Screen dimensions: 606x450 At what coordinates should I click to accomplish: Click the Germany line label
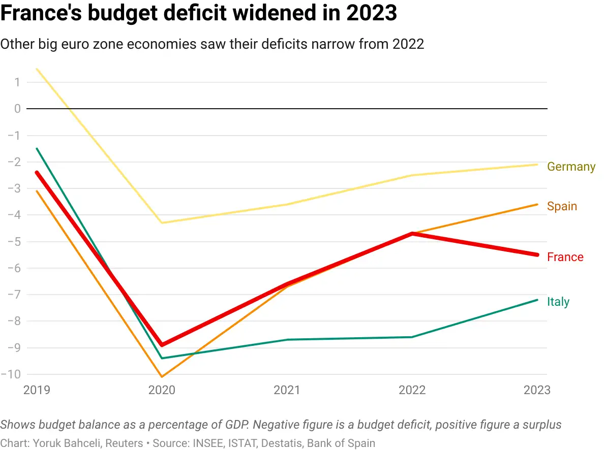571,167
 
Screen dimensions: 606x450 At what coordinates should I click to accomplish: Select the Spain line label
562,206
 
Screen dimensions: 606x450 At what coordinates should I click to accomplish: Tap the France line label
565,257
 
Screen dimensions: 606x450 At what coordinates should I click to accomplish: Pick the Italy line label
558,302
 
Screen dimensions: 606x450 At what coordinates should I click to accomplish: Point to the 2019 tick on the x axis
37,390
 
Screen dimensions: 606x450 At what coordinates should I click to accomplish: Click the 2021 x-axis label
287,390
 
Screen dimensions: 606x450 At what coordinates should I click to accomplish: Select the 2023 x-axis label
537,390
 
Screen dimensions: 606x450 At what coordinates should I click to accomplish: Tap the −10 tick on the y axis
11,374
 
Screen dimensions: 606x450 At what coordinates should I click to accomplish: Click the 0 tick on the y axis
17,109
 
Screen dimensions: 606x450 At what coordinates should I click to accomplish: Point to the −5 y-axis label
14,241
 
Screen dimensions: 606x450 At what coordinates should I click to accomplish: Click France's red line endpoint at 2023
537,255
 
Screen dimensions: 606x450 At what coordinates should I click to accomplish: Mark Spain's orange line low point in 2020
162,377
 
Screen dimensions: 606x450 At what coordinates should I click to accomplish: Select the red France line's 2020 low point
162,344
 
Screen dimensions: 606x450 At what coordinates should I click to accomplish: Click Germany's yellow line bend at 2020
162,223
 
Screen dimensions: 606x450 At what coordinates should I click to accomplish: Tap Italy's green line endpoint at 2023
537,300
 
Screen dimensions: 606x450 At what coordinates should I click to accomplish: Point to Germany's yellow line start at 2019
37,69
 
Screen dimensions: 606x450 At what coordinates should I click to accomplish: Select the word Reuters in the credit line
124,443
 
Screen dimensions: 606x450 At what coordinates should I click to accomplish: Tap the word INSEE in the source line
207,443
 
